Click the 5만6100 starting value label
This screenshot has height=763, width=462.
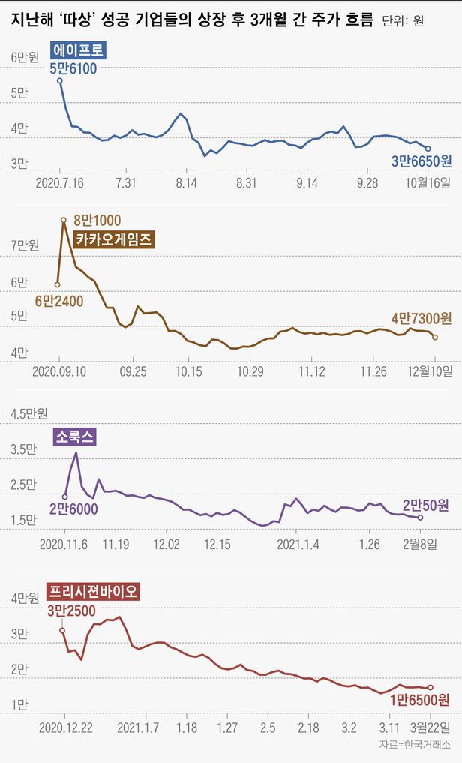tap(74, 69)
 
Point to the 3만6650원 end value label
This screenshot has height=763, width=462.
tap(421, 161)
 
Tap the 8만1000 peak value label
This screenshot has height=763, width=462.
tap(97, 221)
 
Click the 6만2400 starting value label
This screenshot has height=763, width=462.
tap(59, 301)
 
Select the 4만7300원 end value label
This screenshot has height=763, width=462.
tap(421, 318)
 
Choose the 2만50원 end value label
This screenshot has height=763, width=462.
tap(425, 505)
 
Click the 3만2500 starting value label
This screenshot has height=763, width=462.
tap(72, 611)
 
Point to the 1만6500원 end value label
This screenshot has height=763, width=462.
tap(420, 700)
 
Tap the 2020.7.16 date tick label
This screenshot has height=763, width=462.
tap(58, 183)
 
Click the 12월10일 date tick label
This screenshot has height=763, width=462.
tap(430, 371)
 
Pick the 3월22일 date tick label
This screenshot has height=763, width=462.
tap(430, 727)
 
